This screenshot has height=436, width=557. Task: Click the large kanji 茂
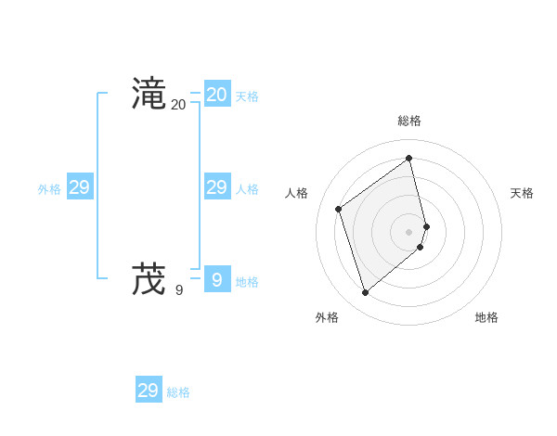coord(149,277)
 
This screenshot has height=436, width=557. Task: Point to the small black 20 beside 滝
coord(178,105)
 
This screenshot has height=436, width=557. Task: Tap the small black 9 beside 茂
coord(179,290)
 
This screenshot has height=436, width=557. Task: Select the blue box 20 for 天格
coord(216,94)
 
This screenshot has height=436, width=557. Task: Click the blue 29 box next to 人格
coord(216,187)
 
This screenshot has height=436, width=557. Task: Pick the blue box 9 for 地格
coord(216,278)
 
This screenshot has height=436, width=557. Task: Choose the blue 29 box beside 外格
coord(79,187)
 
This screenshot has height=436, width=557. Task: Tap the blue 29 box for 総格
coord(148,391)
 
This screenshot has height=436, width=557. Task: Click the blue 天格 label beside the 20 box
coord(247,96)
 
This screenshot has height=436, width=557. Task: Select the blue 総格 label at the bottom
coord(178,392)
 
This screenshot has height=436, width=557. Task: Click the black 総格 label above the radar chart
coord(409,121)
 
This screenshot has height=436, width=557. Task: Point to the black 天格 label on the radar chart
coord(522,193)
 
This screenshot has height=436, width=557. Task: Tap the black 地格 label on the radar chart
coord(486,317)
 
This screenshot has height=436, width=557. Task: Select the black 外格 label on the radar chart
coord(327,317)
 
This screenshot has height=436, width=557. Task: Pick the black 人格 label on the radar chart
coord(296,193)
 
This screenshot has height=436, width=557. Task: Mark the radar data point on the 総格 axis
coord(409,158)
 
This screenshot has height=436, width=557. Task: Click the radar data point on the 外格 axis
coord(365,293)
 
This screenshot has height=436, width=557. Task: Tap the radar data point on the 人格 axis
coord(339,209)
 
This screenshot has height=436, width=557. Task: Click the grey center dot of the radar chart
coord(409,231)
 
